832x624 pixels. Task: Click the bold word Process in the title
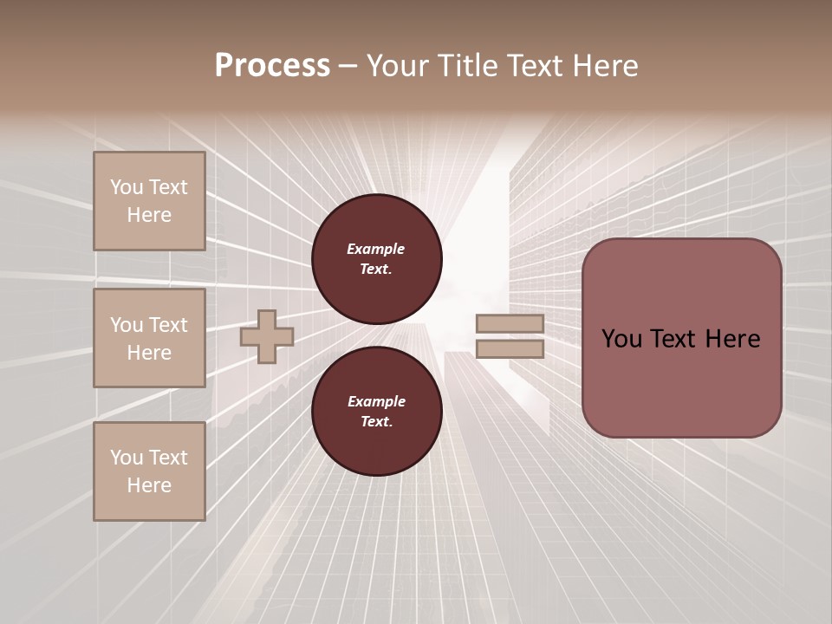tap(272, 66)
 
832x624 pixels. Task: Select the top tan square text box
tap(149, 201)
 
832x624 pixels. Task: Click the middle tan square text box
tap(149, 338)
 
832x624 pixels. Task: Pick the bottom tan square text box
tap(149, 471)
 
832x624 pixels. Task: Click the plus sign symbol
tap(266, 336)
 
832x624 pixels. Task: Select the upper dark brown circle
tap(377, 259)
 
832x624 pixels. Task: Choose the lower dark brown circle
tap(377, 412)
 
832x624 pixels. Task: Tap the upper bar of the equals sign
tap(510, 324)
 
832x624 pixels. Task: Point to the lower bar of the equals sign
tap(510, 349)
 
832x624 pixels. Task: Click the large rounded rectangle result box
tap(681, 338)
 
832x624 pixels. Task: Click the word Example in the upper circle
tap(376, 249)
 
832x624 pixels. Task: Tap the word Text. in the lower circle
tap(376, 422)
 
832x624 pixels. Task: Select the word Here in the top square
tap(149, 215)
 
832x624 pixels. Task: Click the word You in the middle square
tap(127, 325)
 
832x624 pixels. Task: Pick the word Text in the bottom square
tap(166, 458)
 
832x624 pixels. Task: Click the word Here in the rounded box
tap(732, 339)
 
